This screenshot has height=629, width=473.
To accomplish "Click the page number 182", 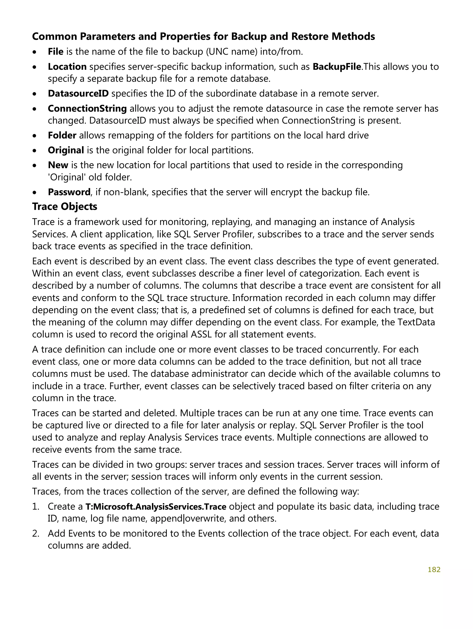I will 434,569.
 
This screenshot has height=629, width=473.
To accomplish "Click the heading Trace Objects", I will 65,207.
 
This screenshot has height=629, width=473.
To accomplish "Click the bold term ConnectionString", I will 87,108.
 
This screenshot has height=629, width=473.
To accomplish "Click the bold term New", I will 58,165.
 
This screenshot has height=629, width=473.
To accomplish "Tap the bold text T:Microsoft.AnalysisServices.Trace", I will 156,506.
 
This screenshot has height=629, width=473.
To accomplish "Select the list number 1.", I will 35,506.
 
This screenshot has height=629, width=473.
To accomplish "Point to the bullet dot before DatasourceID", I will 34,94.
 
